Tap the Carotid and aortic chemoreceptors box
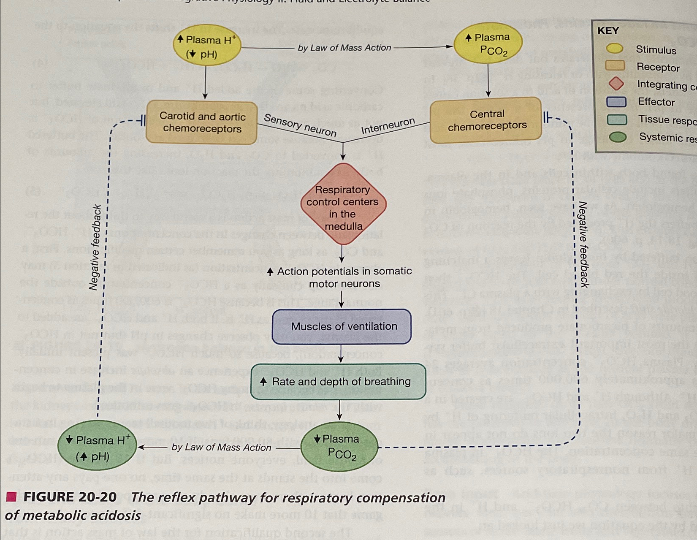tap(202, 122)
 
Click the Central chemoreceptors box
tap(486, 120)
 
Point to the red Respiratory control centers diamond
tap(343, 205)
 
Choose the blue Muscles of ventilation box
tap(342, 326)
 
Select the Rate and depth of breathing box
tap(338, 382)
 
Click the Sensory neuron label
tap(300, 125)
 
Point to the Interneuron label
tap(388, 126)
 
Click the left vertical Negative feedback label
tap(96, 247)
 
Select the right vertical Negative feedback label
tap(583, 245)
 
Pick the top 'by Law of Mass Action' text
tap(344, 48)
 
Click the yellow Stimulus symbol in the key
tap(615, 49)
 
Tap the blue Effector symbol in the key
tap(616, 102)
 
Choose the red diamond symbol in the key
tap(616, 84)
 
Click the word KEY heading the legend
tap(608, 31)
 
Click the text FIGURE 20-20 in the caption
tap(70, 497)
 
